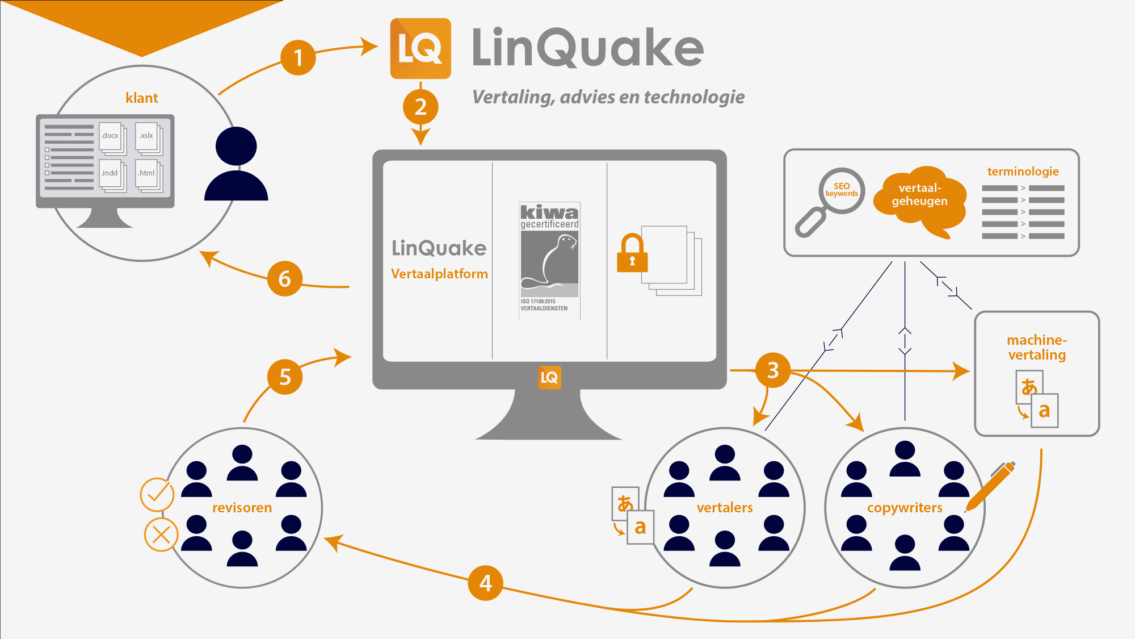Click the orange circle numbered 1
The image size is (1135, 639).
click(x=298, y=57)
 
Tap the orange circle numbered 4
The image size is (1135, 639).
click(x=485, y=583)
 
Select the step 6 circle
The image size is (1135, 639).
click(x=284, y=278)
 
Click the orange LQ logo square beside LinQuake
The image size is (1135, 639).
click(x=421, y=48)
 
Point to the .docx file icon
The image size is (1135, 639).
click(x=111, y=137)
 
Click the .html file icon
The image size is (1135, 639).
click(x=148, y=174)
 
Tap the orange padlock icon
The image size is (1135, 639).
click(x=632, y=254)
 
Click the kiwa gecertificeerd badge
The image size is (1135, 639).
click(x=549, y=260)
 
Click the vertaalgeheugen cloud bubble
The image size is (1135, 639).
click(x=919, y=196)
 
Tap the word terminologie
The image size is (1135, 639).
click(x=1023, y=172)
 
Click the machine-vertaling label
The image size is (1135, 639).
click(x=1037, y=348)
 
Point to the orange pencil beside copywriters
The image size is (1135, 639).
click(x=990, y=486)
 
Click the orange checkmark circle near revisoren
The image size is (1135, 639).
click(x=157, y=495)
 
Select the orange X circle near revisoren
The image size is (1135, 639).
click(x=161, y=534)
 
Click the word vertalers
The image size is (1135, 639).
click(x=724, y=508)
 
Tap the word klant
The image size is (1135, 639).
click(x=141, y=98)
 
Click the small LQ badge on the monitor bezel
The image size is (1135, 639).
click(x=549, y=378)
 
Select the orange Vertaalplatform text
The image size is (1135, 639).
click(x=439, y=274)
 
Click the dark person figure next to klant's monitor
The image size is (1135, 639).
click(x=236, y=165)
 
